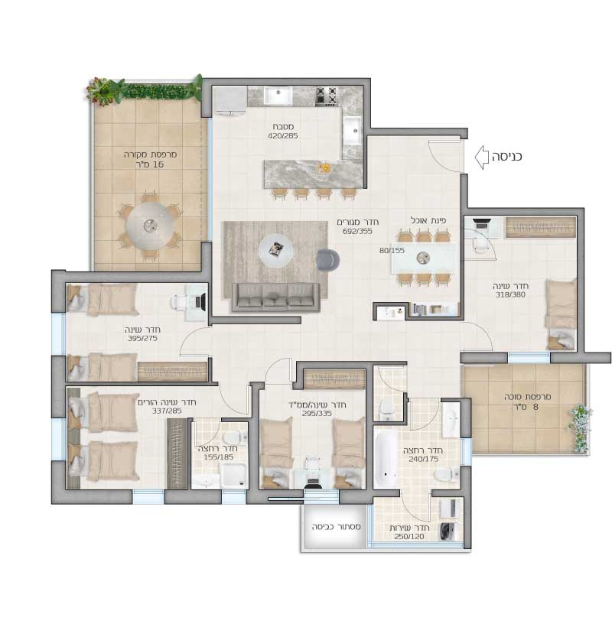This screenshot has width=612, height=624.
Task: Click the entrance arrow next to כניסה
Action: click(x=481, y=158)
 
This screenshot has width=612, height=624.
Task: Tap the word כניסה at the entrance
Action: click(x=506, y=157)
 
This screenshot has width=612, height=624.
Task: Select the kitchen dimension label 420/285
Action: click(x=283, y=135)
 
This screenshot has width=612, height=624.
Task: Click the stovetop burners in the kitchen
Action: click(x=326, y=96)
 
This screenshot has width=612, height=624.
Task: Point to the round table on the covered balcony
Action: click(x=150, y=226)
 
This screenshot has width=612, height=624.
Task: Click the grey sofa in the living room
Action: click(x=276, y=297)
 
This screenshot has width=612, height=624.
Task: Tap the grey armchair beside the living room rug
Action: click(x=327, y=260)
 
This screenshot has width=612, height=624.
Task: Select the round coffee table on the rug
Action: click(x=275, y=251)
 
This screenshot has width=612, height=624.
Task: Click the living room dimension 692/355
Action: click(x=357, y=231)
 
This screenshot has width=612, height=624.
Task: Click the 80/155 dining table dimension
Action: click(x=392, y=250)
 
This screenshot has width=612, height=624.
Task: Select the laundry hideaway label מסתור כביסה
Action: click(x=337, y=527)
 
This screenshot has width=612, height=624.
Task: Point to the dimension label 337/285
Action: click(x=167, y=411)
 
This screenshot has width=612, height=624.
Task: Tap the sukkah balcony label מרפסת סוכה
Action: click(x=528, y=397)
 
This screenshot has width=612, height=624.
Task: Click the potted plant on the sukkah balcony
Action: click(x=581, y=428)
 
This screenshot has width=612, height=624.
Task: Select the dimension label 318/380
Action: click(x=510, y=294)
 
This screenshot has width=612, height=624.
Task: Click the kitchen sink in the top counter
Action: click(x=278, y=96)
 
